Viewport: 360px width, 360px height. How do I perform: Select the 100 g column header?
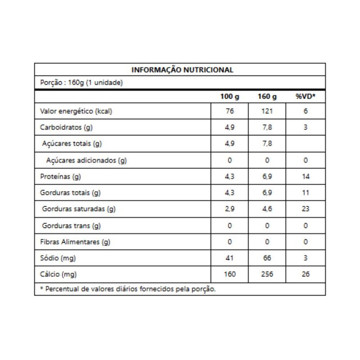(x=229, y=97)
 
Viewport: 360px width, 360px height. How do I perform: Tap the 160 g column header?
(x=267, y=97)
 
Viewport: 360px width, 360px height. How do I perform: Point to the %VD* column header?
(x=306, y=97)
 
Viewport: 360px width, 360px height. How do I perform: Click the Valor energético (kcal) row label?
(x=76, y=112)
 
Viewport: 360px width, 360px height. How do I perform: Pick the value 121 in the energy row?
(x=267, y=112)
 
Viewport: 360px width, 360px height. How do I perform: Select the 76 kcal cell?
(x=229, y=112)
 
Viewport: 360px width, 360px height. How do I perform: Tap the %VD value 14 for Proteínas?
(x=306, y=177)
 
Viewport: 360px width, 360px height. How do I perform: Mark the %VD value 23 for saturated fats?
(x=306, y=209)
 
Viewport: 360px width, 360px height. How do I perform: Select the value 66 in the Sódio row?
(x=267, y=258)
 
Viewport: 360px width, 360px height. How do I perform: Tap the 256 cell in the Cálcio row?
(x=267, y=274)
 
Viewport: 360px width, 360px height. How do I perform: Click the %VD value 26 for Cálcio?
(x=306, y=274)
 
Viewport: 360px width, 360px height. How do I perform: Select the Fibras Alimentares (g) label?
(x=75, y=242)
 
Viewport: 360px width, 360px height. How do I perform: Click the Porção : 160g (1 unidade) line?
(x=81, y=83)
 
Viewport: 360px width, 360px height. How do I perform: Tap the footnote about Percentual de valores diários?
(x=128, y=289)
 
